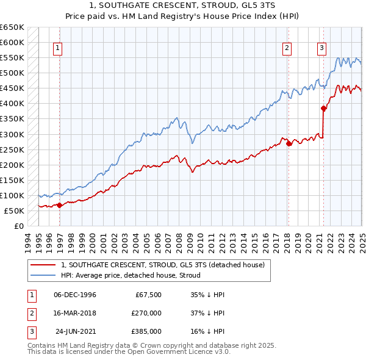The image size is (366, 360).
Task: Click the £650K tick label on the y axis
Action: point(12,27)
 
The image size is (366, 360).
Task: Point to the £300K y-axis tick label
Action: point(12,134)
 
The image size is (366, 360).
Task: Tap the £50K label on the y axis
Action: point(15,211)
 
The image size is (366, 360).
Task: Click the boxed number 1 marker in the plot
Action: point(57,49)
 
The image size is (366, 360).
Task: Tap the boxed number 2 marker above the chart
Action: point(287,49)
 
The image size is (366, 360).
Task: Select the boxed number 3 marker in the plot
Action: point(321,49)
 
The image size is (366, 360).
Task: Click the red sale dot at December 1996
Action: point(60,206)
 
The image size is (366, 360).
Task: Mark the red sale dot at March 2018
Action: point(289,144)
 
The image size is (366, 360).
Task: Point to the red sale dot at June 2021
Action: point(324,109)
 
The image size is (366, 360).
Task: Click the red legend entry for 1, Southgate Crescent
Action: point(162,265)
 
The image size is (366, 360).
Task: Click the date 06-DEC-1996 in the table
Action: point(75,295)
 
